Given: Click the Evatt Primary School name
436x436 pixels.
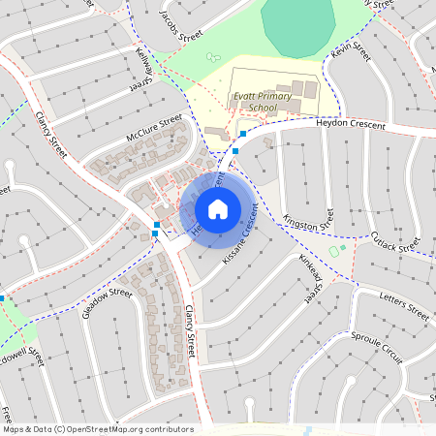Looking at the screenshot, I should [256, 103].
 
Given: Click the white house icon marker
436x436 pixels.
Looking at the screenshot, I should [218, 208].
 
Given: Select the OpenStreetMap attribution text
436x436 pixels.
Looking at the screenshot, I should [97, 428].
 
